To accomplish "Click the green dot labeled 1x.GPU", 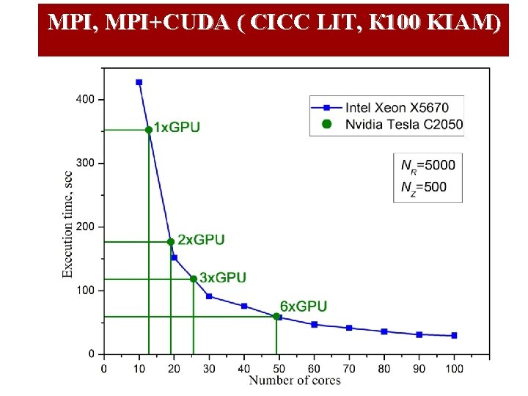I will [x=149, y=130].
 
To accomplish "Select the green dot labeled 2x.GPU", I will [x=171, y=241].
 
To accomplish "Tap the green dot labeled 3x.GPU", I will [x=194, y=279].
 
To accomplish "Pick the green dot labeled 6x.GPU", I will [x=276, y=317].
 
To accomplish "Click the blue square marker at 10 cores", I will [x=139, y=82].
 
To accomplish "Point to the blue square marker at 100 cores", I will [x=454, y=335].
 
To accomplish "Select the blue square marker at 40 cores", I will [x=244, y=306].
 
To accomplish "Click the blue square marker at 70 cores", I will [x=349, y=328].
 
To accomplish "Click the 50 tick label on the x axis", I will [x=279, y=368].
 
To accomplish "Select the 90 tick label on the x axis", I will [x=419, y=368].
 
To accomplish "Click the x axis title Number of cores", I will [x=295, y=380].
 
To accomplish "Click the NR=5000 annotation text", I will [x=428, y=165].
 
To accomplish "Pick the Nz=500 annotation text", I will [x=423, y=187].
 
